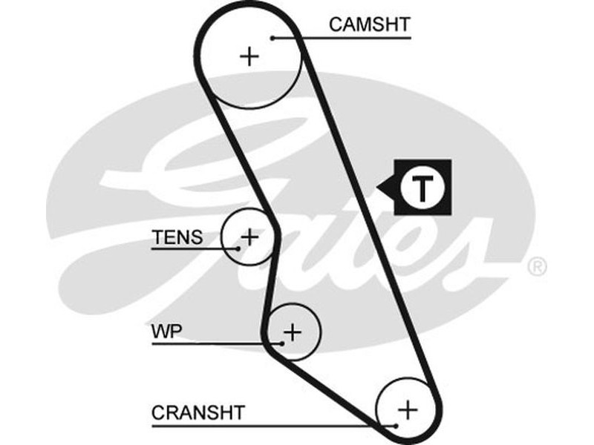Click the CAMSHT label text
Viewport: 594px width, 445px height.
tap(369, 24)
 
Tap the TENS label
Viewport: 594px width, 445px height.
tap(177, 237)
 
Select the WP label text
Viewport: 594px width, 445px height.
tap(166, 332)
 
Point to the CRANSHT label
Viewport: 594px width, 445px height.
tap(198, 412)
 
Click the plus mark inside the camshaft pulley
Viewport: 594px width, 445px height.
tap(250, 56)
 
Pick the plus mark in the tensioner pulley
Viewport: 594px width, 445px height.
tap(250, 237)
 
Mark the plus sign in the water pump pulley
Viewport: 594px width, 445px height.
tap(293, 332)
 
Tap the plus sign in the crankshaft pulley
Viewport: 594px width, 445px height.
tap(407, 409)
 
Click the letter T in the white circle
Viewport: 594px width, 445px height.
tap(422, 188)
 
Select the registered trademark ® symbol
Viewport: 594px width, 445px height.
tap(537, 266)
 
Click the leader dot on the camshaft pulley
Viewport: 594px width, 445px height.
tap(273, 37)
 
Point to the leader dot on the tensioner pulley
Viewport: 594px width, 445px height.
tap(237, 248)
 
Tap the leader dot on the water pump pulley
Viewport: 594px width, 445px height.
tap(282, 343)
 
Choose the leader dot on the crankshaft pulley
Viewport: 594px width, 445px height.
tap(396, 425)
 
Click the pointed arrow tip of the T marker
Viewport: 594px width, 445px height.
tap(379, 188)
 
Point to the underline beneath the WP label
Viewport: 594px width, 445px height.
tap(215, 343)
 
